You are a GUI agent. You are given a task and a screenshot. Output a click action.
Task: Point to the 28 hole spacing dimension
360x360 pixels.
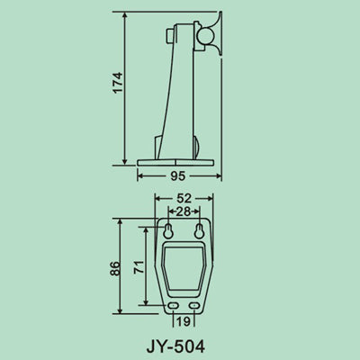(183, 211)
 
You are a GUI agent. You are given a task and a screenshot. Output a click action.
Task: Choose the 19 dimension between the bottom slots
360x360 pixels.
(184, 320)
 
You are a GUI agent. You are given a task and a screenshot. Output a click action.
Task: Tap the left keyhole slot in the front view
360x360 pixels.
(167, 231)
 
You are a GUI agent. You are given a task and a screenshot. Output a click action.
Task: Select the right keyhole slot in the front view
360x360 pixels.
(199, 231)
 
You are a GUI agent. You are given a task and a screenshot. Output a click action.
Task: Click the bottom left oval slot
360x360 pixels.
(173, 306)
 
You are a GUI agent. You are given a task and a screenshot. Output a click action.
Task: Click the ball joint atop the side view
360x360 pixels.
(208, 33)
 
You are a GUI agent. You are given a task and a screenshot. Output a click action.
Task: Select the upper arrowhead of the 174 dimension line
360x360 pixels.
(123, 16)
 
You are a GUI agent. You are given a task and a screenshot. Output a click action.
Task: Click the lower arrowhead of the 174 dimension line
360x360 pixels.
(123, 164)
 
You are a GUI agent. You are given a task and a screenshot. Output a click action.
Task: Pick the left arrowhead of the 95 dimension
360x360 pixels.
(139, 177)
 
